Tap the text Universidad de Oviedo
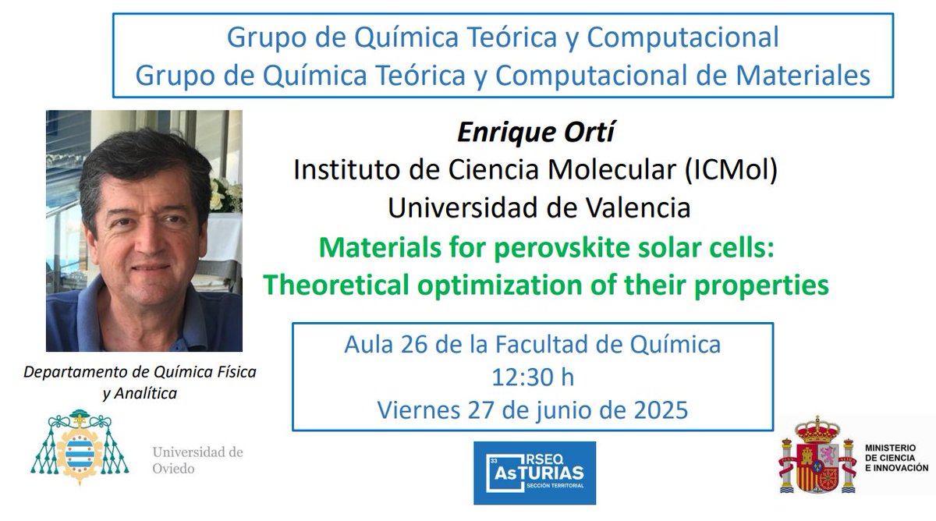197,460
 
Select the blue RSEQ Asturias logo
534,473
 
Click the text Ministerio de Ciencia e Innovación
895,457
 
